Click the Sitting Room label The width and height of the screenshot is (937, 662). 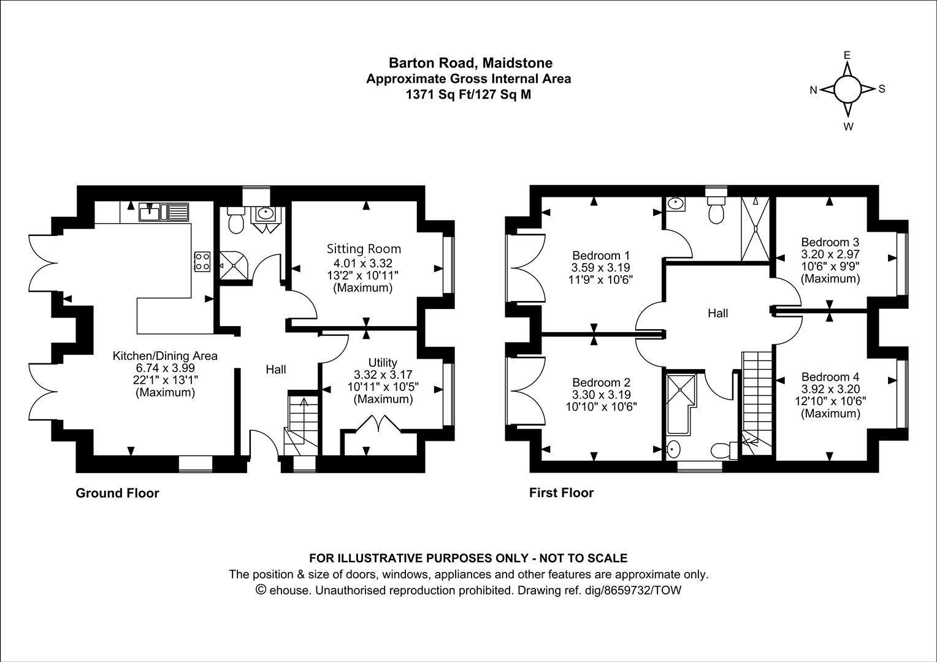point(364,249)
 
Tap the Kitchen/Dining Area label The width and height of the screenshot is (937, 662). point(165,356)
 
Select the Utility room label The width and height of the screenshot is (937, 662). point(383,362)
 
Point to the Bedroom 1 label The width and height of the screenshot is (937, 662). point(600,255)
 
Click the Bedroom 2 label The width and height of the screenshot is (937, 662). point(600,382)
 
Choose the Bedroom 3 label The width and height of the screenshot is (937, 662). point(830,242)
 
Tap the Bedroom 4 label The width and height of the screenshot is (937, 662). point(830,376)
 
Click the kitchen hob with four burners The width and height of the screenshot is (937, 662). point(202,262)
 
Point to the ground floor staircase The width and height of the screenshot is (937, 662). point(302,423)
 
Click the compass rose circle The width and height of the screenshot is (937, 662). point(847,89)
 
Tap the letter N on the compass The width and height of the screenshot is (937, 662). point(813,90)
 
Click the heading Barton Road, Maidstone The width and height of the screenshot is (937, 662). point(470,63)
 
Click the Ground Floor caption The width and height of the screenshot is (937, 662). point(117,493)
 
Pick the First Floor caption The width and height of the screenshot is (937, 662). point(561,493)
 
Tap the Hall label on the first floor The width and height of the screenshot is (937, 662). point(717,313)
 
